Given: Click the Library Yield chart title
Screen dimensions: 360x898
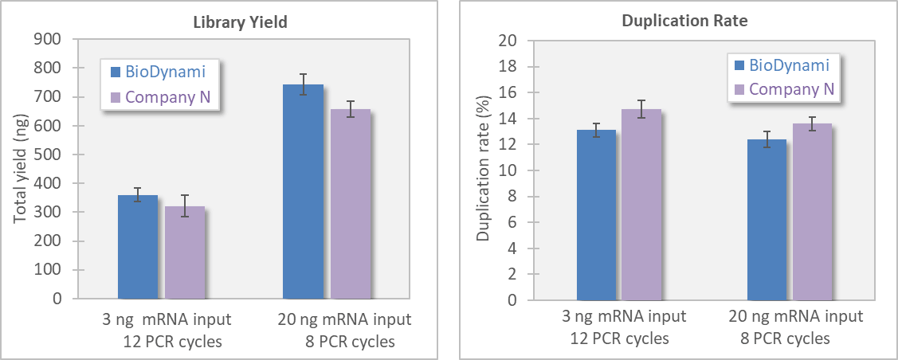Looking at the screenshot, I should (240, 22).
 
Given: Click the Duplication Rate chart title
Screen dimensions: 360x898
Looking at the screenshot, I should (684, 22).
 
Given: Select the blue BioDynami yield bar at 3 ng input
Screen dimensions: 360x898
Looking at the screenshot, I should (138, 247).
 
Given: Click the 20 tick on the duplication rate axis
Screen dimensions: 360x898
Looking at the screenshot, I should (508, 41).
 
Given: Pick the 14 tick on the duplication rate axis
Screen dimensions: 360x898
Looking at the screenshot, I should (508, 119).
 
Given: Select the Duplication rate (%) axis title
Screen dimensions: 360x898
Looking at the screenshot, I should (483, 171).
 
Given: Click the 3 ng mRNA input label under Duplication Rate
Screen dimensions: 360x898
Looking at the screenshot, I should (619, 317).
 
